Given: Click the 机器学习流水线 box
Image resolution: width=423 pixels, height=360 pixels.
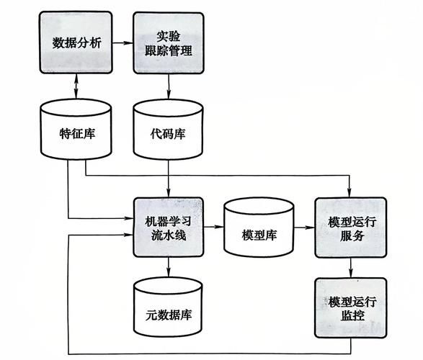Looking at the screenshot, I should pos(169,226).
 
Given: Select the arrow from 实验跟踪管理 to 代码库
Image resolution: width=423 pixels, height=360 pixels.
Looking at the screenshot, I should pos(169,86).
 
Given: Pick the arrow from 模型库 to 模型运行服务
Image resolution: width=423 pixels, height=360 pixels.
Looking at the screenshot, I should pos(304,228).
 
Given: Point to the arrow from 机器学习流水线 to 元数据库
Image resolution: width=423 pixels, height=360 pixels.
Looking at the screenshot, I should pos(169,266).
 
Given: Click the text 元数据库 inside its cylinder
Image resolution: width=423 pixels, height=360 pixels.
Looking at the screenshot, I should pos(169,315).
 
